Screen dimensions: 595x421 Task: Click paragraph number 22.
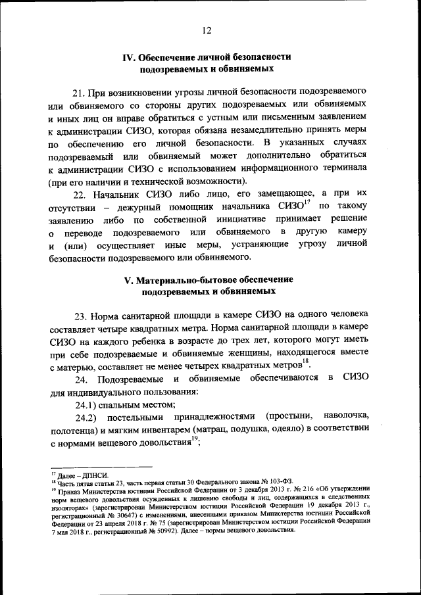[x=80, y=195]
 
